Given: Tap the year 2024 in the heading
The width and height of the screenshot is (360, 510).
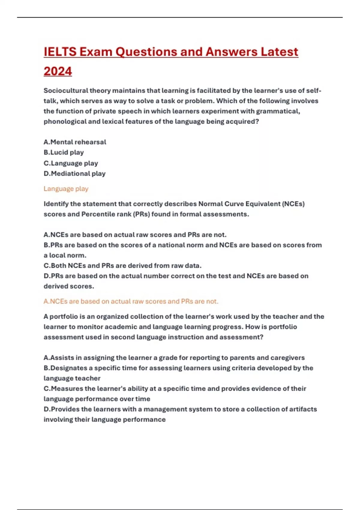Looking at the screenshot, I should point(58,71).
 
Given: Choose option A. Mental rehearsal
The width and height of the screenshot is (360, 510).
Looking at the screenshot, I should point(75,142).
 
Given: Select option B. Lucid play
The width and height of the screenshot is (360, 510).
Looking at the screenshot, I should point(64,152).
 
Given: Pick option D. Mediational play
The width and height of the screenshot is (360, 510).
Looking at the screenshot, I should point(74,173).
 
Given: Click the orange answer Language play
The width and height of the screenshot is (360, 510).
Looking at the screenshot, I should point(66,189).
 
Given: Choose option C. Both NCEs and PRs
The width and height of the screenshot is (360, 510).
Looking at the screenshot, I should point(122,265).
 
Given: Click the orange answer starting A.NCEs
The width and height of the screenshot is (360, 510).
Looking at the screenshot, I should point(131,301).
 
